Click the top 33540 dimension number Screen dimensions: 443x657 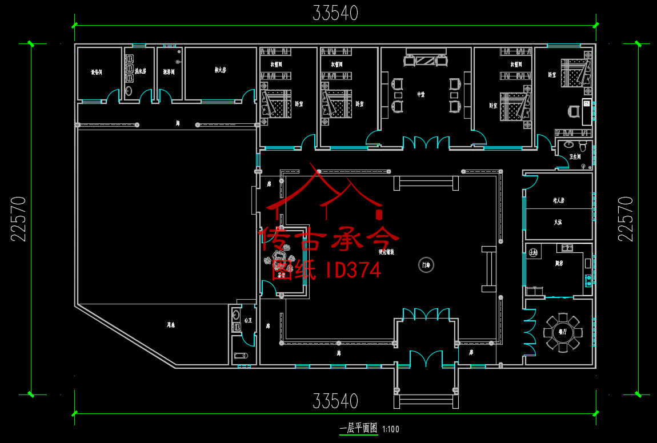click(x=335, y=13)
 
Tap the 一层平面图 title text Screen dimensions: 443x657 click(x=358, y=428)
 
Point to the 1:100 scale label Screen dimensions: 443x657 click(x=391, y=429)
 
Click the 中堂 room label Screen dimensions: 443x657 click(x=421, y=95)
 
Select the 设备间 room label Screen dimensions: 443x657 click(x=96, y=72)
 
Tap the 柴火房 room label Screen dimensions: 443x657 click(x=220, y=70)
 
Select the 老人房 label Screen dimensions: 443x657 click(x=558, y=200)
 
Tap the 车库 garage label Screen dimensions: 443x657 click(x=170, y=325)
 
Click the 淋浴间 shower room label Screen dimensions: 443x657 click(x=169, y=72)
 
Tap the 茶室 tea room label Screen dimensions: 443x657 click(x=281, y=275)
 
